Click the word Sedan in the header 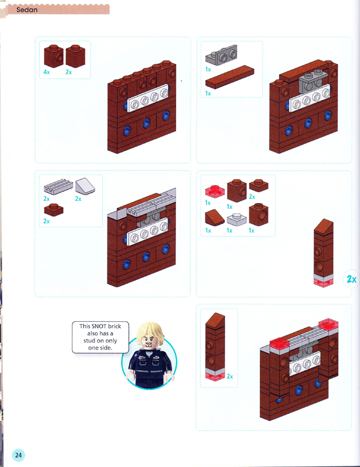[27, 10]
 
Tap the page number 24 [19, 455]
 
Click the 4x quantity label [47, 72]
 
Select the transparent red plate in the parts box [215, 191]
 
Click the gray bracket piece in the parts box [222, 55]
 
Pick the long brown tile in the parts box [229, 77]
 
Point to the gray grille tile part [58, 187]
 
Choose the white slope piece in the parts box [85, 186]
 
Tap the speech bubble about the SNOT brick [100, 337]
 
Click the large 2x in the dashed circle [352, 279]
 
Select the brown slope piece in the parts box [215, 217]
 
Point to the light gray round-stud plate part [237, 219]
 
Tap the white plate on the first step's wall [148, 98]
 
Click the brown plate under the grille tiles [53, 210]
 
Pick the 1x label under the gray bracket [208, 69]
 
